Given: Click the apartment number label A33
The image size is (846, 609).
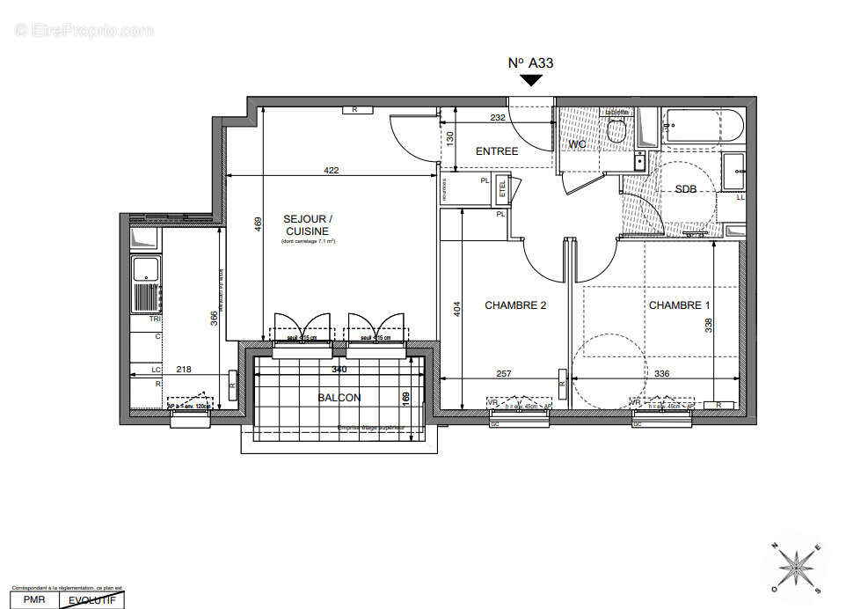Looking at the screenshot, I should pos(530,62).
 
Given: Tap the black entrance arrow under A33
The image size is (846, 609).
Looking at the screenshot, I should pos(530,81).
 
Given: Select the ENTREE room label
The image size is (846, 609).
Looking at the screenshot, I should pos(497,151).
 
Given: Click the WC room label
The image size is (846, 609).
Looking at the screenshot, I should pos(578,143).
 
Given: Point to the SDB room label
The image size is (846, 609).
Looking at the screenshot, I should pos(686,189).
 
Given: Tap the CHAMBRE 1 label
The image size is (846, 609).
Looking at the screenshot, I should pos(679,305).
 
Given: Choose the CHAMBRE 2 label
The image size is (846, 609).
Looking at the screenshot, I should pos(515,305).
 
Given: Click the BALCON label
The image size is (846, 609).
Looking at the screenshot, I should pos(339,398).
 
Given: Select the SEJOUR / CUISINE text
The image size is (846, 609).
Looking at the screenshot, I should pos(308,224).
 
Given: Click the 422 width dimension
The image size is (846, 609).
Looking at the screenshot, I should pos(330,170).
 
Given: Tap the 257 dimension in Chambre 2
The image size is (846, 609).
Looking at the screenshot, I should pos(504,374).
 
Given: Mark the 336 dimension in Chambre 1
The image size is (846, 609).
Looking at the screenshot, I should pos(660,374).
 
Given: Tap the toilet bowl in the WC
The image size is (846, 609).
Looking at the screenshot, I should pos(616,131).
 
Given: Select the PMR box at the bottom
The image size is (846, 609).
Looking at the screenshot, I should pos(30,600).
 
